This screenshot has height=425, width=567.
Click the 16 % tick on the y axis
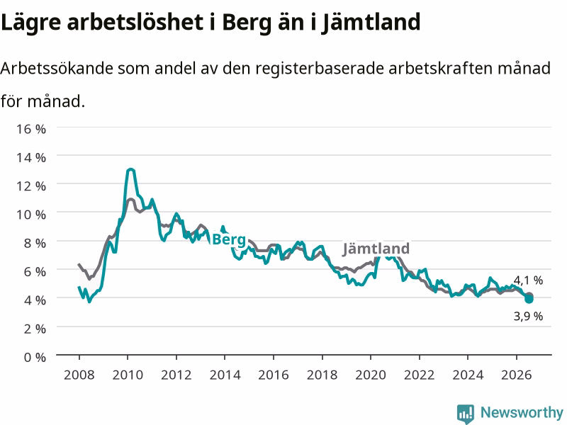[31, 129]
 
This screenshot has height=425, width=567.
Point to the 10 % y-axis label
[31, 215]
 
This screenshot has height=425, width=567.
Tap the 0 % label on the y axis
[35, 357]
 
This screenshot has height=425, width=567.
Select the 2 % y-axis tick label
[35, 329]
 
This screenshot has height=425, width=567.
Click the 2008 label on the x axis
[79, 375]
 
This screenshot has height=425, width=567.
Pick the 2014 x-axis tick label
[225, 375]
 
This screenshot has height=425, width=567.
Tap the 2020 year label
[371, 375]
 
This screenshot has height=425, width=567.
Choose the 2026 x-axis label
[517, 375]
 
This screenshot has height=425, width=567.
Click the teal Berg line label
[229, 239]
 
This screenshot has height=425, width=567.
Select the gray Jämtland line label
[376, 249]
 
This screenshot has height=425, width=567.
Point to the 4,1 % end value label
[528, 280]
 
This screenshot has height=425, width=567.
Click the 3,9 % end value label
[528, 316]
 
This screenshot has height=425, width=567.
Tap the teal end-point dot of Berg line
[529, 299]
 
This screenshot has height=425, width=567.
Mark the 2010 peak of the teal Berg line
[130, 169]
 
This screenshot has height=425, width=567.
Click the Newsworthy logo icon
[466, 414]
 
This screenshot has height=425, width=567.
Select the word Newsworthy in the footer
[522, 412]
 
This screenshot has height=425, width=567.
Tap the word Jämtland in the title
[371, 23]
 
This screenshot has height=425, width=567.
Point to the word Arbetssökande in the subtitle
[57, 68]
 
